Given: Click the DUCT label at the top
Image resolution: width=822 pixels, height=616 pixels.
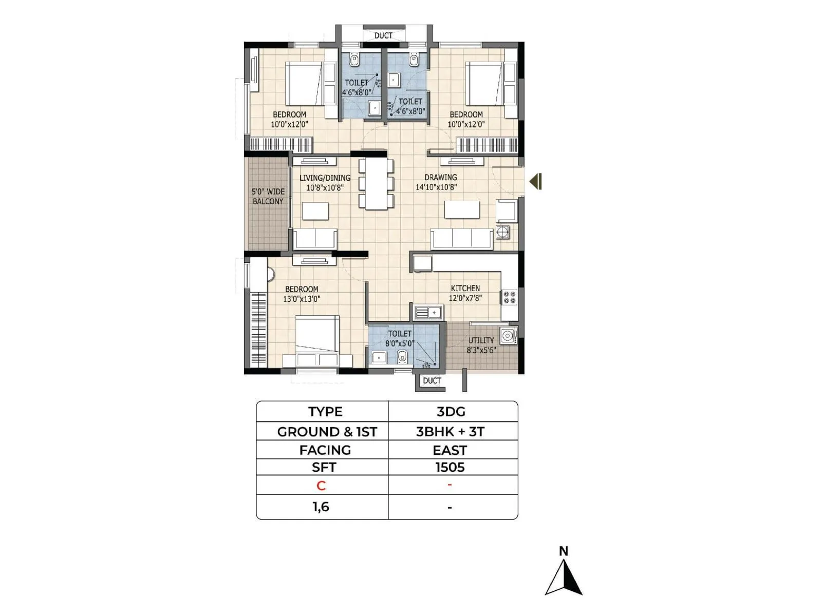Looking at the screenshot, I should [x=383, y=35].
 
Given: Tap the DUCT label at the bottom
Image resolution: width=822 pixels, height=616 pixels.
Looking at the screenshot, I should [x=432, y=380].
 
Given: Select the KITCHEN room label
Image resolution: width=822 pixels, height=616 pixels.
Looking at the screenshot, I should [x=465, y=288].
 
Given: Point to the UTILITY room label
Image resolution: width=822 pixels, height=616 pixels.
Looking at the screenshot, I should [x=481, y=340].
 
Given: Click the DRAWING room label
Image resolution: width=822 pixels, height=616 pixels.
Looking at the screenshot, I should [x=440, y=177].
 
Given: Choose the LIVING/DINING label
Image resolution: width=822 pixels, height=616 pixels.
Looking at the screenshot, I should [x=325, y=178].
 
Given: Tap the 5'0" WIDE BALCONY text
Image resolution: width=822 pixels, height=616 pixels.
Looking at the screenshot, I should [x=268, y=196].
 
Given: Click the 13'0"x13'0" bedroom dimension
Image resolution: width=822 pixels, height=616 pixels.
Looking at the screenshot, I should [x=302, y=299].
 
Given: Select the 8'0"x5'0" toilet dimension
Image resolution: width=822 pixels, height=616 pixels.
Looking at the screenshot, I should [x=399, y=343].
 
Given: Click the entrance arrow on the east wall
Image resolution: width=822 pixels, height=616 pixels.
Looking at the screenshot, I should [x=536, y=181].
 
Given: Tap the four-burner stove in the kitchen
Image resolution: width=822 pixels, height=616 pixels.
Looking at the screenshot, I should [x=509, y=297].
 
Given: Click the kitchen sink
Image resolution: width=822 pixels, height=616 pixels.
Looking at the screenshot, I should [x=427, y=312].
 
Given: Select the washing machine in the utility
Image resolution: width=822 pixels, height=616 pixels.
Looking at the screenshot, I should [x=508, y=336].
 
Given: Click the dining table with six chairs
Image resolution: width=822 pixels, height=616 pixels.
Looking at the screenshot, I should [x=376, y=183].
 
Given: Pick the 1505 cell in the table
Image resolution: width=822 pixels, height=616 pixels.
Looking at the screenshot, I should [x=450, y=467].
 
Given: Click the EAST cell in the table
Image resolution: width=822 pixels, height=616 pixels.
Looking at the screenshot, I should [x=450, y=450].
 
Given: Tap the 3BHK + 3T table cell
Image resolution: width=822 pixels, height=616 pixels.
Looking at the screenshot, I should [x=450, y=432].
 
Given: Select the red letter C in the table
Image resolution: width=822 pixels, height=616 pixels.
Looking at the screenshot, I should [x=321, y=486].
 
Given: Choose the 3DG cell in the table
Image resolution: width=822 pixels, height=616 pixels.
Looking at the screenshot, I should [x=451, y=412].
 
